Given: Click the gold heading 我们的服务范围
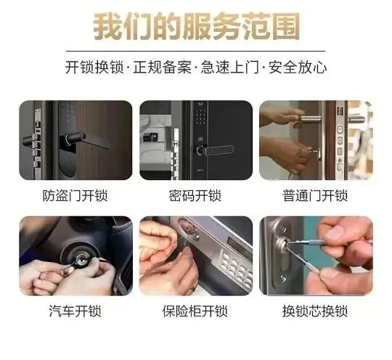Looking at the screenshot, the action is point(196,27).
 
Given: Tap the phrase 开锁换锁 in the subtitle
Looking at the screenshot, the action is point(94,67).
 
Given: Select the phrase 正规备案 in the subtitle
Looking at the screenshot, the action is point(163,67).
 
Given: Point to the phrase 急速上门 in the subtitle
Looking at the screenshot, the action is point(229,67).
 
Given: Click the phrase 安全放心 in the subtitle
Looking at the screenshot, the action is point(298,67).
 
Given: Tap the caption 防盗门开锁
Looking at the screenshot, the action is point(75,195).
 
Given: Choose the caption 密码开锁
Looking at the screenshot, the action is point(195,195).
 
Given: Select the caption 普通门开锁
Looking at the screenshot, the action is point(315,195).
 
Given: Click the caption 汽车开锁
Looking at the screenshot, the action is point(75,311).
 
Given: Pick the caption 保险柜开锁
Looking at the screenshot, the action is point(195,311).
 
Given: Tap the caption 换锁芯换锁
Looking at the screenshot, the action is point(315,311).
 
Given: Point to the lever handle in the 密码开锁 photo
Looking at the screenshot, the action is point(216,150).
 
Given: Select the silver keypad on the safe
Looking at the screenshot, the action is point(235,269).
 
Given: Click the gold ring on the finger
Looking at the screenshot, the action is point(193,290).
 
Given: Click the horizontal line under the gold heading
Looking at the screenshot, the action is point(195,51).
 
